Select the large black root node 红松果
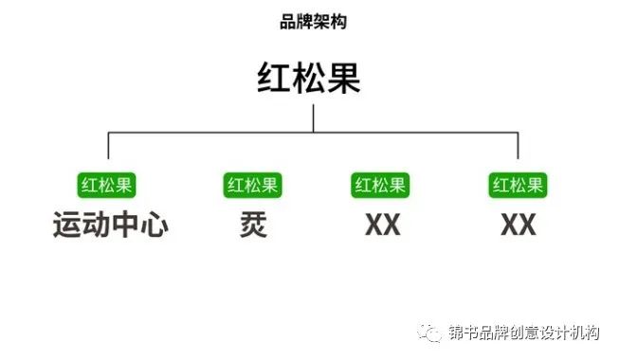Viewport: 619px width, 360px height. (309, 78)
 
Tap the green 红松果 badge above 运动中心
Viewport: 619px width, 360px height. (107, 184)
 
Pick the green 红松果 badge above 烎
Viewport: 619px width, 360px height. (251, 184)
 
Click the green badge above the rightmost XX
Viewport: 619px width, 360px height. (518, 184)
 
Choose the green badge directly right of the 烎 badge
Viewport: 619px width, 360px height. (379, 184)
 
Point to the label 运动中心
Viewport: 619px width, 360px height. (109, 225)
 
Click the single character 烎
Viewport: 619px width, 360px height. (251, 225)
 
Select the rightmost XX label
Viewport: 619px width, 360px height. (518, 225)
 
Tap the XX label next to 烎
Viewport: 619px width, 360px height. (381, 225)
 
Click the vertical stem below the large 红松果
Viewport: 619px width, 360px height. (313, 117)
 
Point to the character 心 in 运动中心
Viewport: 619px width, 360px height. (154, 225)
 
